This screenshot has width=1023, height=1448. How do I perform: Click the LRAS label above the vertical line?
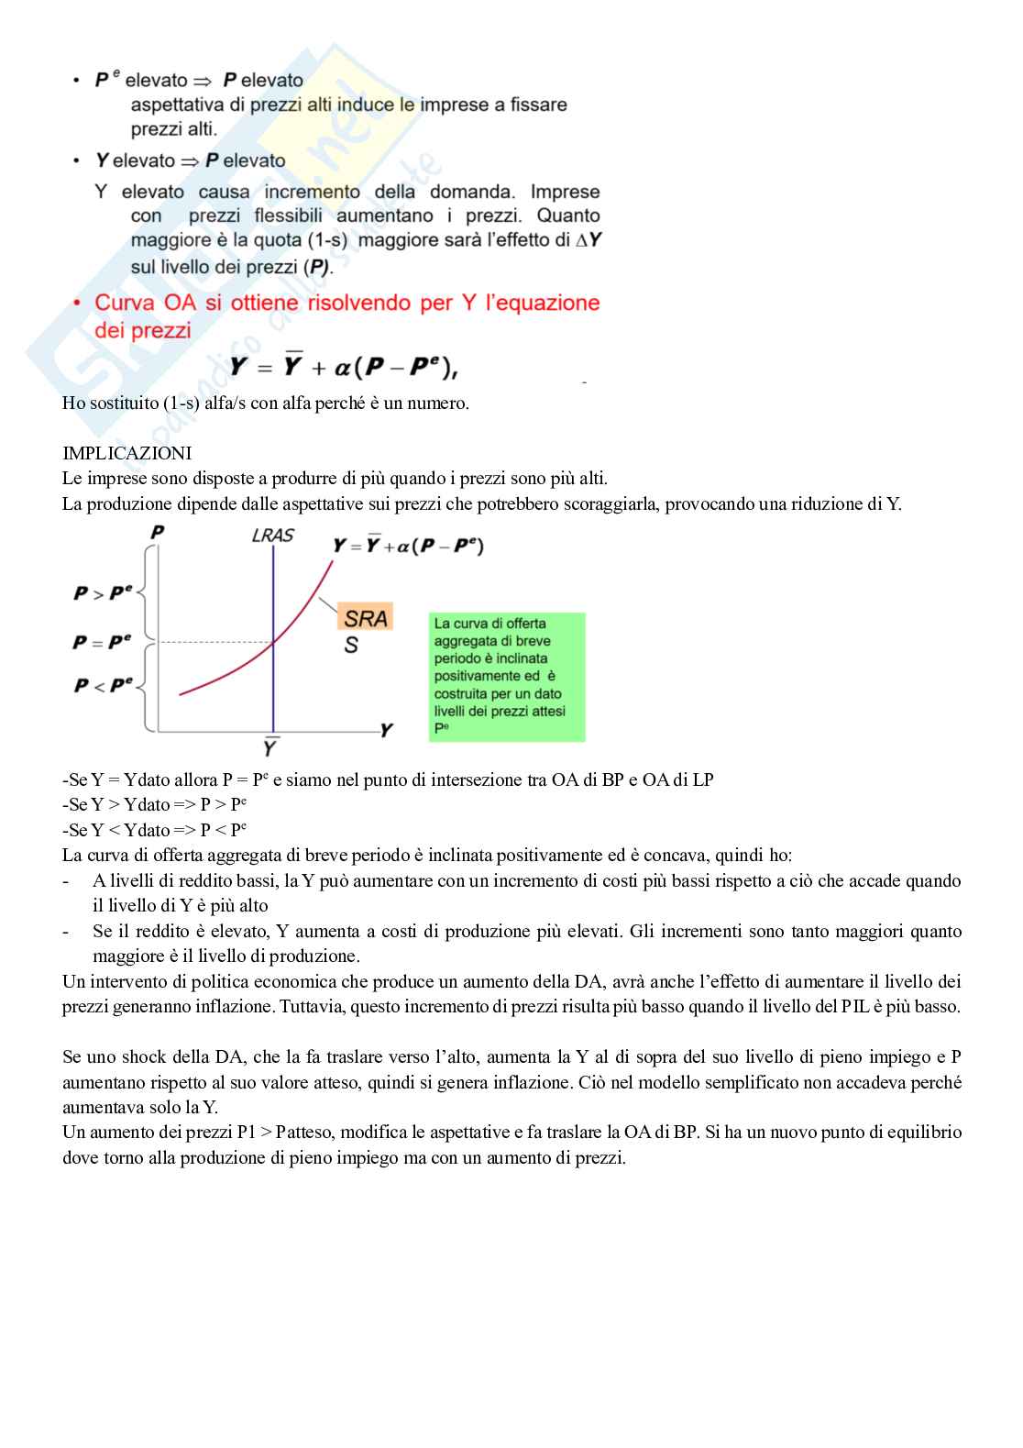tap(272, 536)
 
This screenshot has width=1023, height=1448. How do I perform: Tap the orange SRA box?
tap(365, 618)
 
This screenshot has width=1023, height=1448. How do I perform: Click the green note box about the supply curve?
tap(506, 677)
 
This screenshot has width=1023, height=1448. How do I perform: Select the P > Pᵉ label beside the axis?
tap(103, 593)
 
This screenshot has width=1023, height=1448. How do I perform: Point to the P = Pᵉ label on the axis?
tap(102, 642)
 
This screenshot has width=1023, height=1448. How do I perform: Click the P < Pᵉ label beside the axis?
tap(103, 685)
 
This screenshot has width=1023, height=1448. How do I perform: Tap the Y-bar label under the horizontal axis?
tap(270, 747)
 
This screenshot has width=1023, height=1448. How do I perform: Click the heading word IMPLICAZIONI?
tap(126, 453)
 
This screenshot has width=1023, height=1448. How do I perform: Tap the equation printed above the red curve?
tap(408, 547)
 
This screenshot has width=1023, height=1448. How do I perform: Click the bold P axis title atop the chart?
tap(158, 533)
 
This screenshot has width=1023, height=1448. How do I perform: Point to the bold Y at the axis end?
tap(386, 731)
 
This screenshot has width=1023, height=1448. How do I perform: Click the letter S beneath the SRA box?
tap(351, 646)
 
